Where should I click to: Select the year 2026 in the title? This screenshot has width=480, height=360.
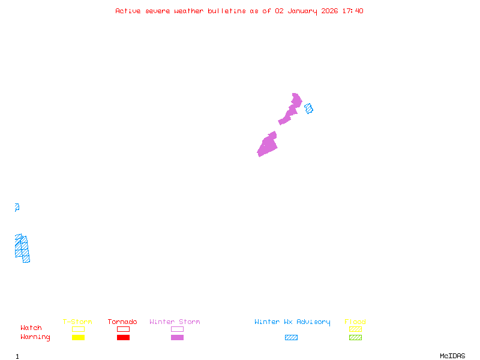tap(329, 11)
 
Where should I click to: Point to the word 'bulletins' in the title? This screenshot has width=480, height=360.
tap(227, 11)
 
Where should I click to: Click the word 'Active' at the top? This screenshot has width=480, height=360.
tap(128, 11)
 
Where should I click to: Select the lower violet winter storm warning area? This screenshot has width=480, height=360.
tap(268, 145)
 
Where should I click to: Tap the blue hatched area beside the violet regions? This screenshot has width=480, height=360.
tap(308, 109)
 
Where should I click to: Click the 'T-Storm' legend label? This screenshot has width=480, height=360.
tap(77, 322)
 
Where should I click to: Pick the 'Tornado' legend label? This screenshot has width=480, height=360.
tap(122, 322)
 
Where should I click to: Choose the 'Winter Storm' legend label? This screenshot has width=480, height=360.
tap(175, 322)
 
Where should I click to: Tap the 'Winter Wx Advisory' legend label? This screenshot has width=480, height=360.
tap(292, 322)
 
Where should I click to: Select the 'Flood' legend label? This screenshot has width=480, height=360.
tap(355, 322)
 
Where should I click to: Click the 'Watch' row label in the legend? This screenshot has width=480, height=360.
tap(31, 328)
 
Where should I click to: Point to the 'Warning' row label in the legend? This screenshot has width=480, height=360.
tap(35, 337)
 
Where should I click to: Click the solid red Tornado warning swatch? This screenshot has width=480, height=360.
tap(123, 338)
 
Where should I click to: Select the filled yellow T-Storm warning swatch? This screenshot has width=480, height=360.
tap(78, 338)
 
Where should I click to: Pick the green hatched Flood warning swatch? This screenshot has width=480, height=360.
tap(355, 338)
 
